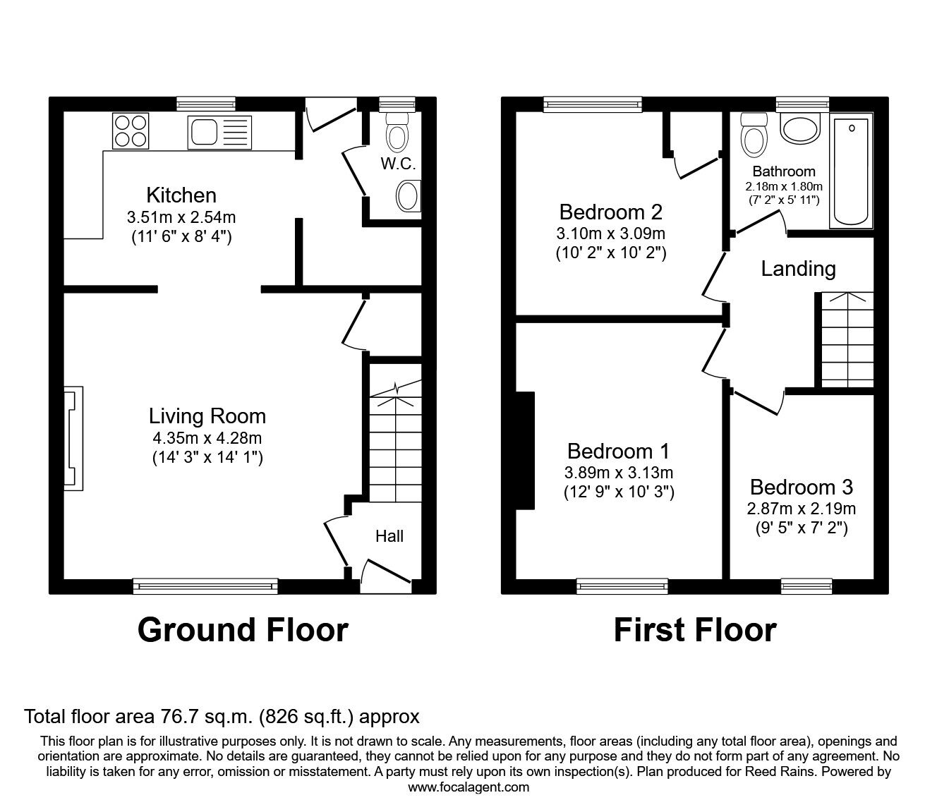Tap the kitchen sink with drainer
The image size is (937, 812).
click(x=219, y=132)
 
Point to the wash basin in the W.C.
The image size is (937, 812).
click(x=409, y=195)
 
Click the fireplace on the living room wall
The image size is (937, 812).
click(x=73, y=437)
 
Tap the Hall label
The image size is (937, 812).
click(x=389, y=536)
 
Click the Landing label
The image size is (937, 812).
click(x=798, y=268)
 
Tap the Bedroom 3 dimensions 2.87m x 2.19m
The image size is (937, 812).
click(x=801, y=509)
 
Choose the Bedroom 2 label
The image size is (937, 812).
click(x=611, y=212)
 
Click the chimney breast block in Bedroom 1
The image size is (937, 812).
click(x=526, y=450)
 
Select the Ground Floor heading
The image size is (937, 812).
click(x=243, y=629)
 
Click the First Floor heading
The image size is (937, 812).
click(x=695, y=629)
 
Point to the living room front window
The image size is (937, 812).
click(x=205, y=584)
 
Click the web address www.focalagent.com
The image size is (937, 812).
click(x=468, y=787)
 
